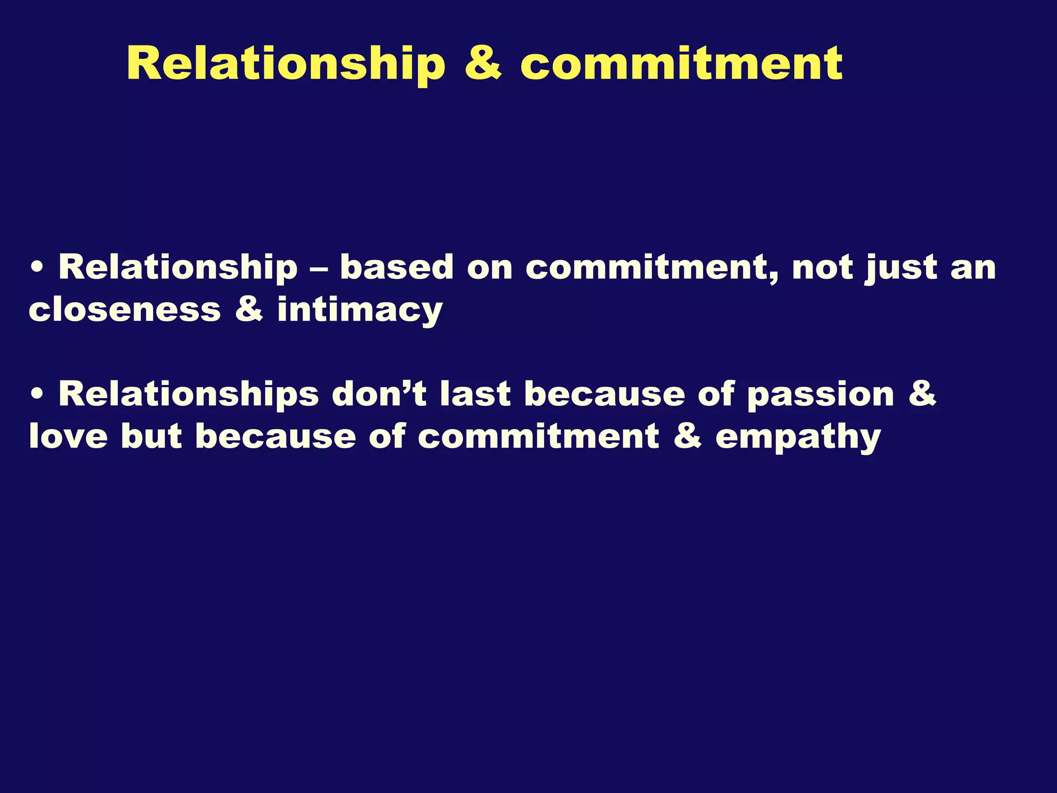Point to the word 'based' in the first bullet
[396, 267]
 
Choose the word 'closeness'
[124, 310]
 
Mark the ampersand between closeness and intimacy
[249, 310]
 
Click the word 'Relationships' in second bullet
[188, 394]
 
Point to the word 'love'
[68, 437]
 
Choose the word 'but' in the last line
[151, 437]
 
